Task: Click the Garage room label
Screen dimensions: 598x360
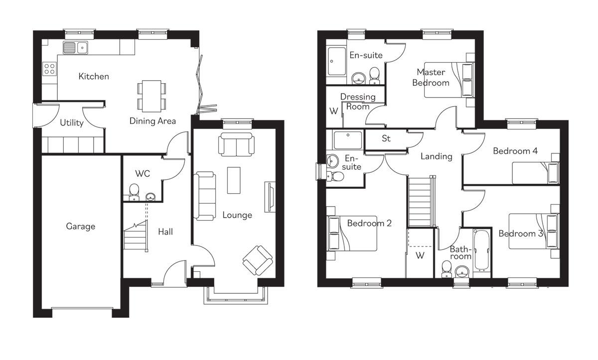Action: (81, 227)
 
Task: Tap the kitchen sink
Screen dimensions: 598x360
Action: (76, 48)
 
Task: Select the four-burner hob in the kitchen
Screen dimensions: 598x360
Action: (50, 69)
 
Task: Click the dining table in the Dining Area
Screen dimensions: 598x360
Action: (151, 96)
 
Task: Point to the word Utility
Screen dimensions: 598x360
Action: (72, 122)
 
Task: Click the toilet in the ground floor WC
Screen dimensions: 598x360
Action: (134, 192)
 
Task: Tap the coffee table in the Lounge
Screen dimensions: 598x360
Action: (234, 180)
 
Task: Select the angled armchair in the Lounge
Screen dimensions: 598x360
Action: (258, 260)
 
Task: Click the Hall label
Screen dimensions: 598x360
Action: (165, 232)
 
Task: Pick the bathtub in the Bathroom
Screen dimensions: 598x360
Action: (482, 250)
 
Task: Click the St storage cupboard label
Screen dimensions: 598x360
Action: (386, 138)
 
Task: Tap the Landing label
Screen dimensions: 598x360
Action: (436, 156)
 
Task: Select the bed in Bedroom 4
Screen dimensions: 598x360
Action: (536, 173)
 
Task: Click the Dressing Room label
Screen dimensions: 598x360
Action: (358, 102)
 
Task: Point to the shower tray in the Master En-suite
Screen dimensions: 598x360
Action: (337, 61)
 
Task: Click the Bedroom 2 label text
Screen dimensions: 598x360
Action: (369, 223)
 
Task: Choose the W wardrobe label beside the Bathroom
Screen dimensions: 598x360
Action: (420, 256)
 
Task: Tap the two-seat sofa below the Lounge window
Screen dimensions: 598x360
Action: (236, 144)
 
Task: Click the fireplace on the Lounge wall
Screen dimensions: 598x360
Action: (270, 197)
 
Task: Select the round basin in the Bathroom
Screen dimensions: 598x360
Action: (462, 272)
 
